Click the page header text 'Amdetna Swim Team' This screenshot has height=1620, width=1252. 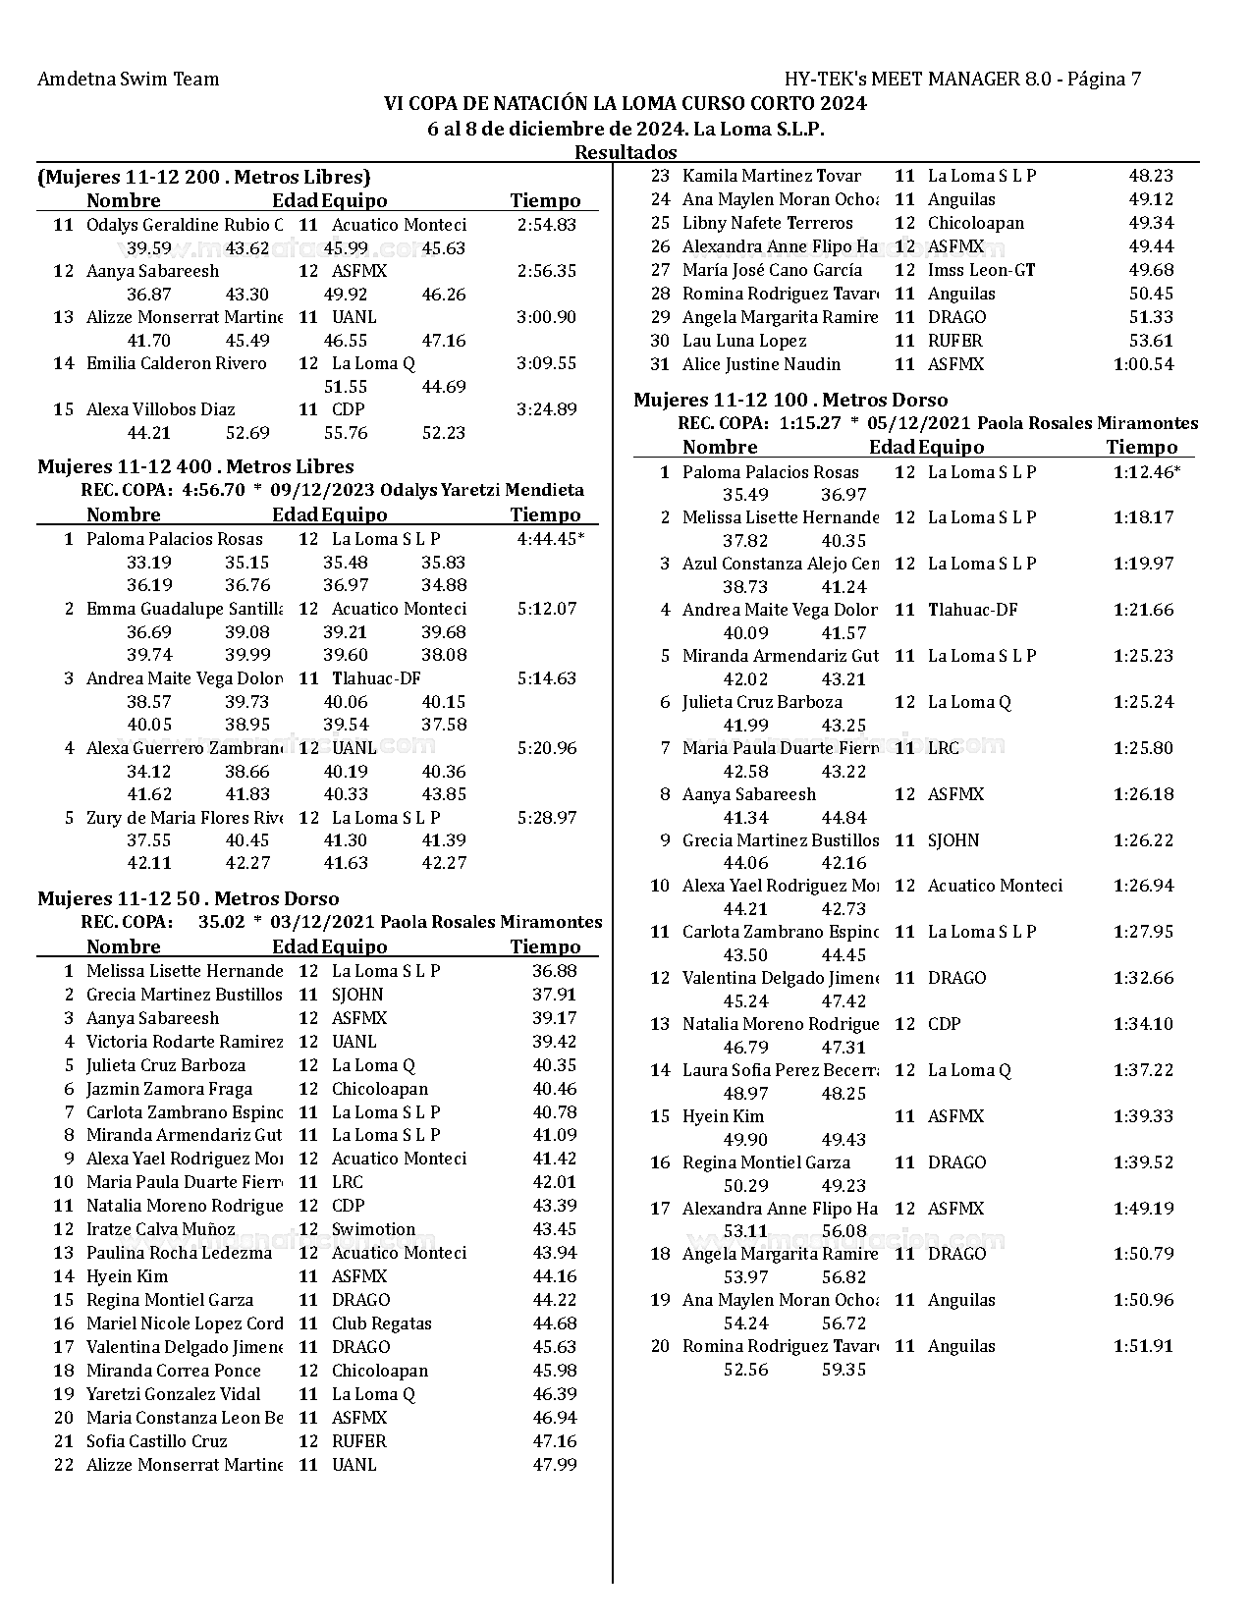128,80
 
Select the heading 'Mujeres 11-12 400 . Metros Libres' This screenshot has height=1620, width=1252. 195,466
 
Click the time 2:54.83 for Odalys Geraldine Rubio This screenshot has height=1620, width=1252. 546,225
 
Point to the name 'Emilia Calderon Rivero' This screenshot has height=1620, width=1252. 177,363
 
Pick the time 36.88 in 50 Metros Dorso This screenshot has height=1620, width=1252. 554,971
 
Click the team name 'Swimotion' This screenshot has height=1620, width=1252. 373,1229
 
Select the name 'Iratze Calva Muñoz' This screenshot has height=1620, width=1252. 161,1229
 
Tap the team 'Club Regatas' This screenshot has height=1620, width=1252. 381,1323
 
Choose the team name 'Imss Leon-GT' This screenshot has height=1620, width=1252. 981,270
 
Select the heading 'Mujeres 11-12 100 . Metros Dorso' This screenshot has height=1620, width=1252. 790,400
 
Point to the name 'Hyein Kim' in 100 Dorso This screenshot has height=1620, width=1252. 723,1116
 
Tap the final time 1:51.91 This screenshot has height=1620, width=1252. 1143,1346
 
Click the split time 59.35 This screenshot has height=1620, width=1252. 844,1370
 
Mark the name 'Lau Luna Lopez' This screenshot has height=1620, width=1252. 744,341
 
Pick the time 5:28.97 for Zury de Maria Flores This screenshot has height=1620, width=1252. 546,818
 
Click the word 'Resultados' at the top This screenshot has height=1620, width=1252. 626,152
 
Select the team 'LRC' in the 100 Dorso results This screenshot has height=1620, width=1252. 943,748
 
